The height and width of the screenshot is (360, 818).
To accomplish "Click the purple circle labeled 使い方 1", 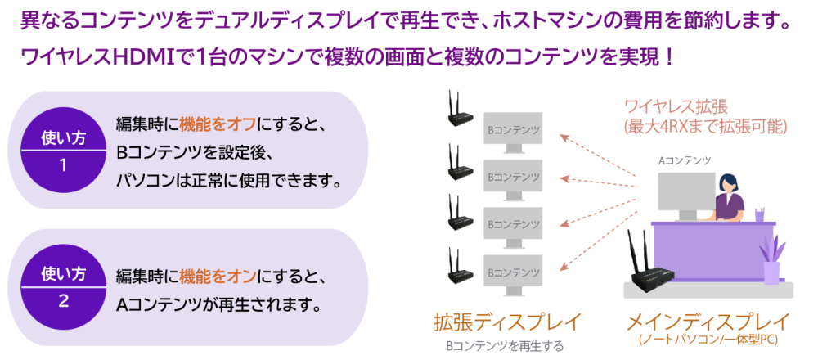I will click(63, 150).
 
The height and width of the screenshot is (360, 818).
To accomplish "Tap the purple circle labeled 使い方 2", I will click(63, 286).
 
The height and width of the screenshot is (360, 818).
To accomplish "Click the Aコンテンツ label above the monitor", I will click(685, 160).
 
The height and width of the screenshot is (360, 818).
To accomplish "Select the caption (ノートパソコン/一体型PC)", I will click(708, 339).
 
